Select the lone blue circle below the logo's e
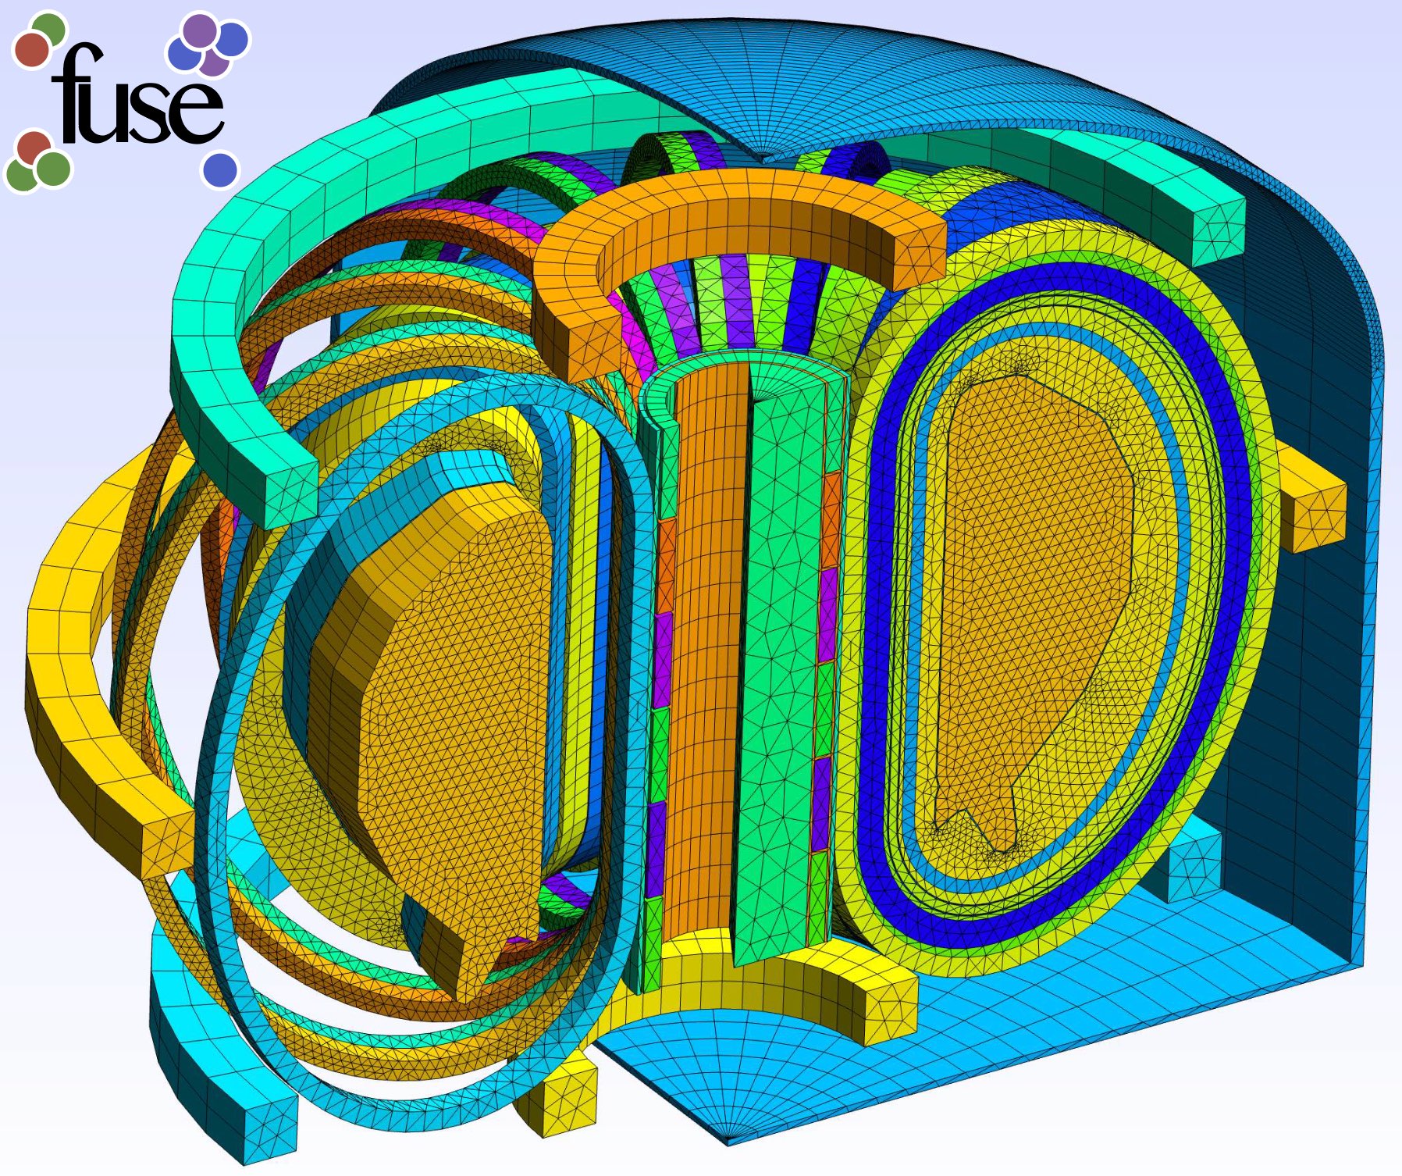pyautogui.click(x=220, y=169)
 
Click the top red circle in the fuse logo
pyautogui.click(x=32, y=49)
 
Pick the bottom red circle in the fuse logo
pyautogui.click(x=34, y=148)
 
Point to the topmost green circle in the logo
pyautogui.click(x=49, y=30)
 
